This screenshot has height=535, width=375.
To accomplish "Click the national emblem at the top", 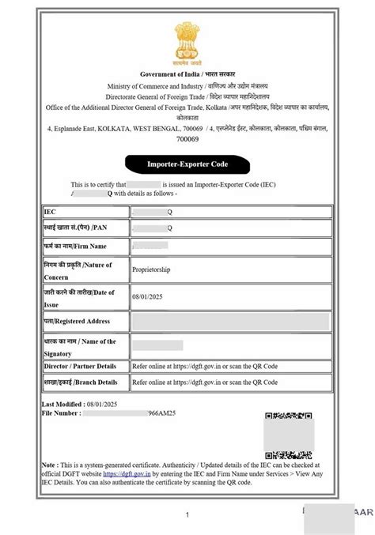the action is [x=187, y=43].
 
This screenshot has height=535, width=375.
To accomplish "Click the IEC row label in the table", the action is [x=51, y=213].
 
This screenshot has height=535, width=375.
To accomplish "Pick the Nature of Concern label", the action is [x=78, y=269].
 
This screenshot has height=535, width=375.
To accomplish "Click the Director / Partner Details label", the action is [x=80, y=367].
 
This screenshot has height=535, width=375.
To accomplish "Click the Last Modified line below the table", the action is [x=74, y=404].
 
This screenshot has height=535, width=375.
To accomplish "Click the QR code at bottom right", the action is [x=289, y=435].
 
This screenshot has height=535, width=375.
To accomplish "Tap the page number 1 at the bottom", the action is [x=187, y=514].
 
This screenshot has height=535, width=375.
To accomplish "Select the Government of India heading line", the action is [x=187, y=73].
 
